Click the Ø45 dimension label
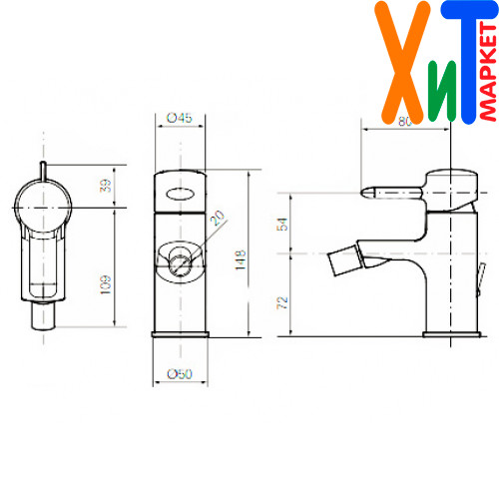180,118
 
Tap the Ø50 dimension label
180,374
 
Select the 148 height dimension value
241,260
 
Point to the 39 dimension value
105,186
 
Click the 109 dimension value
105,284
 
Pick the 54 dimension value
282,225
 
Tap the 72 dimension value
282,302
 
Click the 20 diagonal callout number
218,218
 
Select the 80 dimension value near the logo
405,122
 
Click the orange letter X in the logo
402,63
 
